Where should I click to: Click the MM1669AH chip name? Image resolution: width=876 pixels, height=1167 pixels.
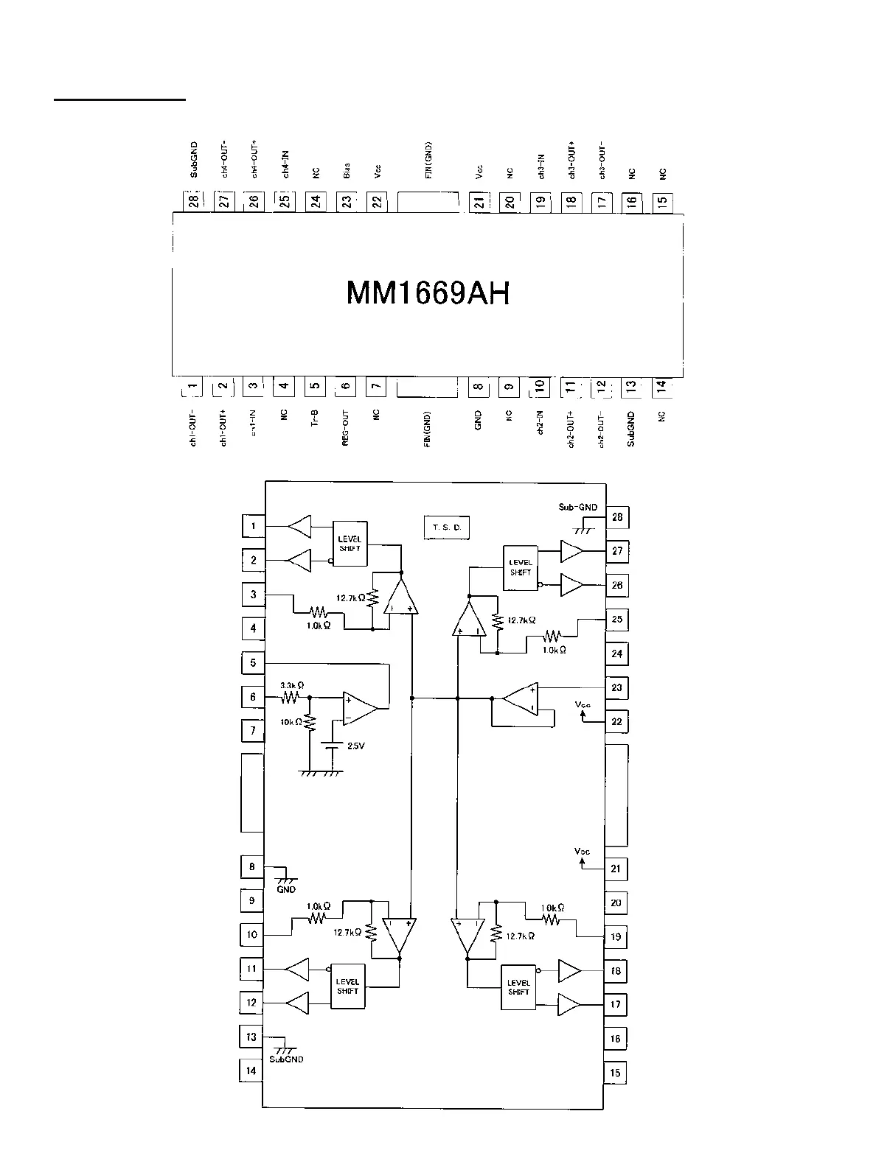(428, 293)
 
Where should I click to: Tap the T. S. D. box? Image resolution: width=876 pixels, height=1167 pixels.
(447, 528)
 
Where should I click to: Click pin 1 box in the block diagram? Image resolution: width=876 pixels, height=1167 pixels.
(253, 526)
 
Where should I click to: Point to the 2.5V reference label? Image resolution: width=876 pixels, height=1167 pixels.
(355, 746)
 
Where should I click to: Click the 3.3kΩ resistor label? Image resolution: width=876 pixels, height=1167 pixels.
(292, 684)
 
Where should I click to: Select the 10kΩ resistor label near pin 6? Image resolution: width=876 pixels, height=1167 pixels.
(291, 722)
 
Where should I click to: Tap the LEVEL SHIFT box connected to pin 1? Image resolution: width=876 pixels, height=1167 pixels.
(350, 544)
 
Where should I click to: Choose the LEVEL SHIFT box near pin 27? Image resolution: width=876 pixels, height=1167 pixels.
(521, 567)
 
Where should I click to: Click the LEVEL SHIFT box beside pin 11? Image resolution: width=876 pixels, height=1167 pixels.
(347, 986)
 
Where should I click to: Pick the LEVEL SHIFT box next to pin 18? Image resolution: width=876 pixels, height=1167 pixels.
(518, 986)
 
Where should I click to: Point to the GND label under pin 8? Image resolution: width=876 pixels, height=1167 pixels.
(285, 889)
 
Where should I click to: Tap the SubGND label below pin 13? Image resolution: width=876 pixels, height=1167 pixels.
(285, 1059)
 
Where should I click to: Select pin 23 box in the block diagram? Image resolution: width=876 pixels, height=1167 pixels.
(616, 687)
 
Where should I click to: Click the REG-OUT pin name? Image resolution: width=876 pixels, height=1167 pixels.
(345, 430)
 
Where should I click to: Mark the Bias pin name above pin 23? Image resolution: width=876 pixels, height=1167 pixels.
(346, 171)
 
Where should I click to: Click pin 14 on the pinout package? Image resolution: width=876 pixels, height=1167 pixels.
(661, 385)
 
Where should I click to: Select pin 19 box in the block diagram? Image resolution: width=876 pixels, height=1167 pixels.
(616, 937)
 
